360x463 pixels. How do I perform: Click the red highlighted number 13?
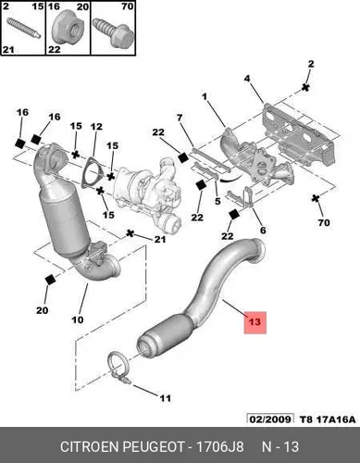point(254,322)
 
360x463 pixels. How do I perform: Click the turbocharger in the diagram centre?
point(147,193)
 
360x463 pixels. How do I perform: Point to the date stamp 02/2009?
point(270,419)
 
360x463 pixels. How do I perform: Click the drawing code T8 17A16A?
point(328,419)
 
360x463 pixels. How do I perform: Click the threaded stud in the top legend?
point(23,28)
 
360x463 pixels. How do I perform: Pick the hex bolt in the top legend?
point(112,33)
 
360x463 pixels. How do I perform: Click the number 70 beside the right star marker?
point(324,222)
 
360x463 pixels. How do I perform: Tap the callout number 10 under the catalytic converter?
point(78,319)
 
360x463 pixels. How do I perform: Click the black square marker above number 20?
point(50,280)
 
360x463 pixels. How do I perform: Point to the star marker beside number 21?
point(130,233)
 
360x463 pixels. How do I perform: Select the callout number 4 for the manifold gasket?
point(247,79)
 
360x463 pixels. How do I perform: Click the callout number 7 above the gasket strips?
point(180,118)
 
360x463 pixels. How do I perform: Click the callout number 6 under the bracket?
point(263,230)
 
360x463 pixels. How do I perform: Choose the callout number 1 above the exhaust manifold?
point(205,97)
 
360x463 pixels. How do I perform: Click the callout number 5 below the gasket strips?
point(217,201)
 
